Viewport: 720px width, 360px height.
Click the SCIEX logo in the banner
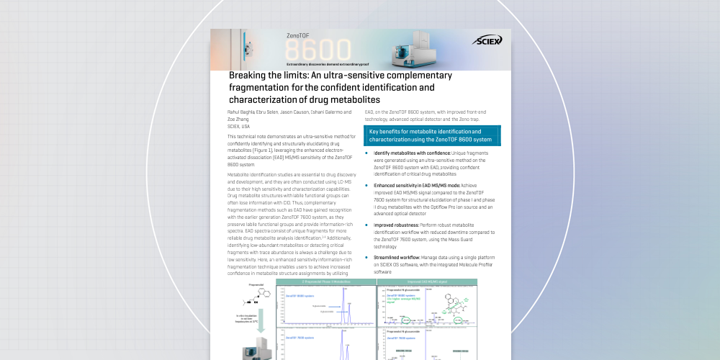(487, 41)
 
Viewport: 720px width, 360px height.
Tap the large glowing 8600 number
(318, 51)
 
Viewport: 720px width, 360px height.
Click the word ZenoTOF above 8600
(300, 35)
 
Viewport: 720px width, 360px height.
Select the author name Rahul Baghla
(242, 112)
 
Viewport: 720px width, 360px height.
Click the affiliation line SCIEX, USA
(239, 126)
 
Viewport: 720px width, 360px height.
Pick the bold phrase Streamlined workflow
(398, 257)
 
